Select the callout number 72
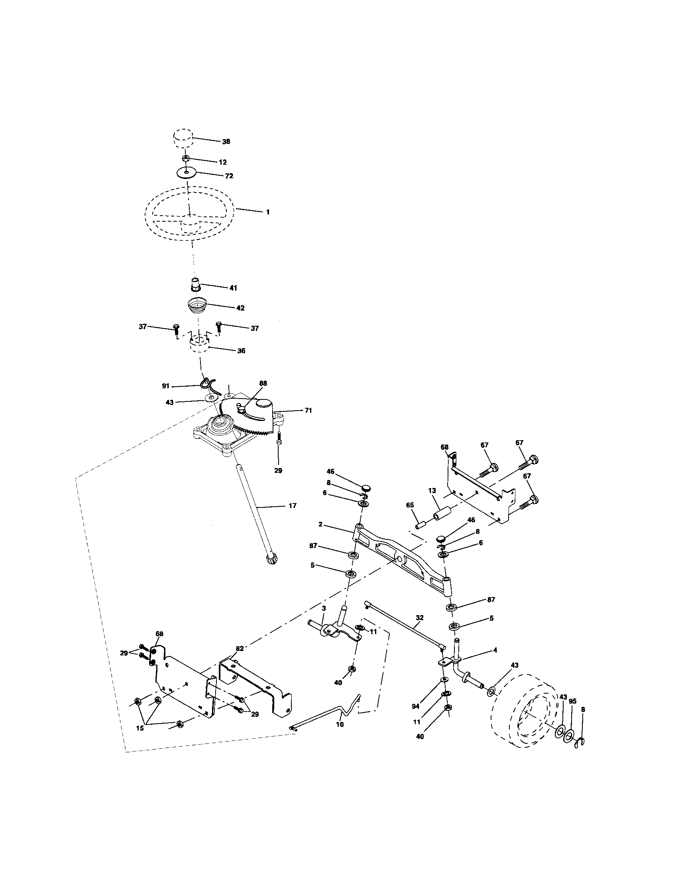click(x=229, y=176)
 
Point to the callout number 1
click(x=268, y=212)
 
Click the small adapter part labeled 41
click(x=195, y=285)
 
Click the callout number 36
click(x=241, y=350)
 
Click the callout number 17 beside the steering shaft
click(x=293, y=505)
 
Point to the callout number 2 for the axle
click(x=320, y=525)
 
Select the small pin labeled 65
click(x=421, y=525)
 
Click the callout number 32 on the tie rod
click(x=419, y=617)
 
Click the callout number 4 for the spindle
click(x=495, y=650)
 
